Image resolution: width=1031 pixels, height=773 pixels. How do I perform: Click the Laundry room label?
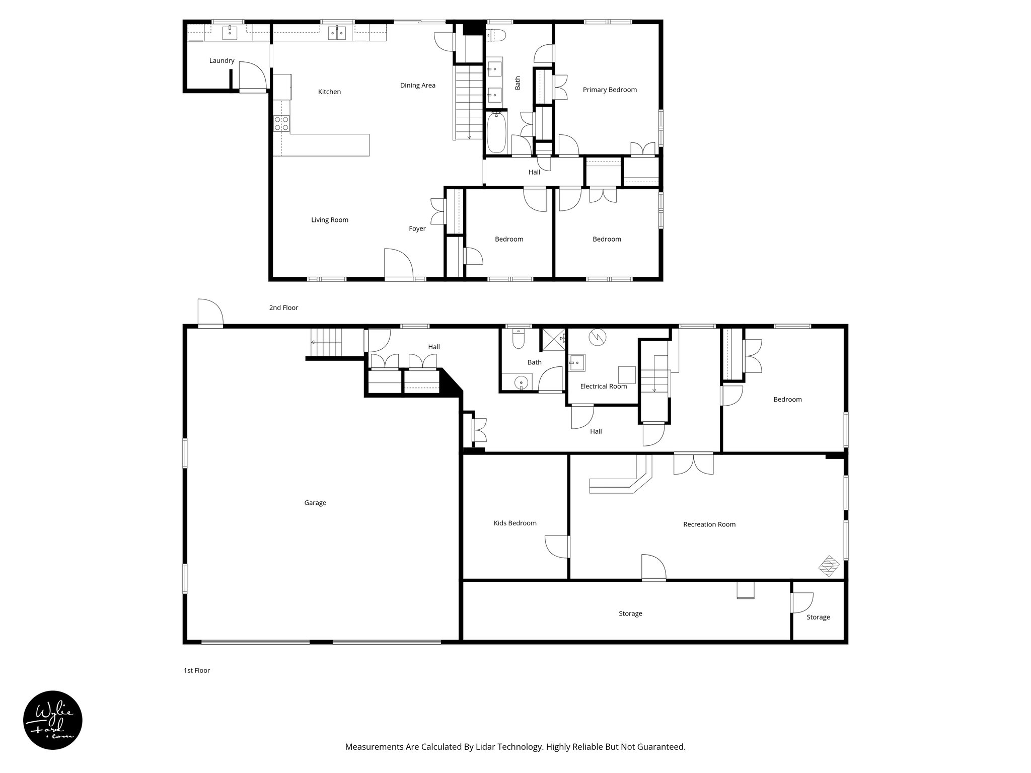click(x=222, y=61)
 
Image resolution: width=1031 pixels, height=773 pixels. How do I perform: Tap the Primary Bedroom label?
click(x=610, y=90)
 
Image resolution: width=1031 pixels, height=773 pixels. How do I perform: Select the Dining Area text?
click(x=417, y=86)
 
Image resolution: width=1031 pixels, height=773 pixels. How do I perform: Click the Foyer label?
click(x=417, y=229)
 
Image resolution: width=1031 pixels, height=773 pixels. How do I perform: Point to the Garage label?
click(x=315, y=503)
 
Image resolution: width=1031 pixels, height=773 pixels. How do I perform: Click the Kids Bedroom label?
click(x=515, y=523)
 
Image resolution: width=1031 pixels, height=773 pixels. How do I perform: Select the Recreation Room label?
click(x=709, y=524)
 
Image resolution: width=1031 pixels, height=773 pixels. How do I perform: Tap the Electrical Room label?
click(x=603, y=386)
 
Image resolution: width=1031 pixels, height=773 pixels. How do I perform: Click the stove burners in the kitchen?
click(x=281, y=123)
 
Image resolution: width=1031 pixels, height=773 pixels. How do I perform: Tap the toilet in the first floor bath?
click(x=518, y=340)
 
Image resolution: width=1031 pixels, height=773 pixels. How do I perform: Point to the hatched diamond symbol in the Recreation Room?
click(x=829, y=566)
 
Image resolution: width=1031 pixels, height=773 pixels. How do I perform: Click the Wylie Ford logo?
click(x=53, y=720)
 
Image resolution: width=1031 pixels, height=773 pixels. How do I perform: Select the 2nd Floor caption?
click(x=283, y=307)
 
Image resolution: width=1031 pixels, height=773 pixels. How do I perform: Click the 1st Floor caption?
click(x=196, y=670)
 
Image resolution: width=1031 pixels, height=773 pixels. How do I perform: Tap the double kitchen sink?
click(x=337, y=33)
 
